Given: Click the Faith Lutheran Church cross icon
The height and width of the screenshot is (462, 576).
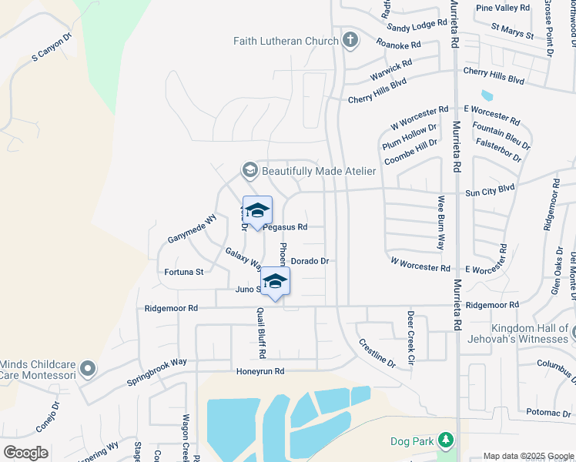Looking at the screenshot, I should [x=350, y=41].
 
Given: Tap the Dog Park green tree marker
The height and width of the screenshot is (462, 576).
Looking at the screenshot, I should [x=445, y=440].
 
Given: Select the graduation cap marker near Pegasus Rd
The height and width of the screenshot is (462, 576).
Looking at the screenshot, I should [x=257, y=211].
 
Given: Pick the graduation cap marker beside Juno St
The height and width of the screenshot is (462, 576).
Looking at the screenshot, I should [x=275, y=282].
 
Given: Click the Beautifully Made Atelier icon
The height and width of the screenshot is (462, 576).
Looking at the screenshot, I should [x=249, y=170].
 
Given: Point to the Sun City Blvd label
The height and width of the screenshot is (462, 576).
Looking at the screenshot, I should [x=489, y=188].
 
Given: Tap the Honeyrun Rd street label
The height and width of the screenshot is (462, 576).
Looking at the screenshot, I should [x=260, y=371].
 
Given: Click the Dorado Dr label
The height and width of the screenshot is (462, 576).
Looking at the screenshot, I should [x=310, y=261].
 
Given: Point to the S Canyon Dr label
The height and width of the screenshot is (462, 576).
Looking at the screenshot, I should [x=51, y=48].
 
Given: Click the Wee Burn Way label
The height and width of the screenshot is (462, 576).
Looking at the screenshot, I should [x=441, y=223].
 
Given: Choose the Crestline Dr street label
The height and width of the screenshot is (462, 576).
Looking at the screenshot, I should [x=377, y=351].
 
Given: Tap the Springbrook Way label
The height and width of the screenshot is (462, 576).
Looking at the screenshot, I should [x=157, y=372].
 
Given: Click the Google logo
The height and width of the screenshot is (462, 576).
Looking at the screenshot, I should [x=25, y=452].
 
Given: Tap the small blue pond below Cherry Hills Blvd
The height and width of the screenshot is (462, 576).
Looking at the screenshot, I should [x=487, y=96].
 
